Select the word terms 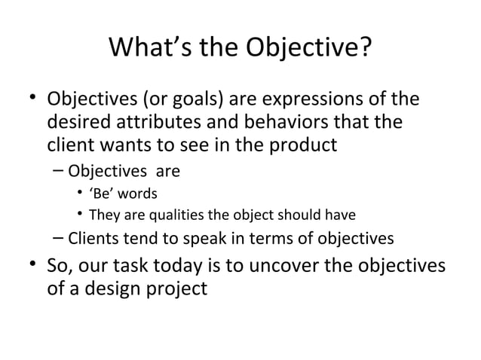pos(269,240)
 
